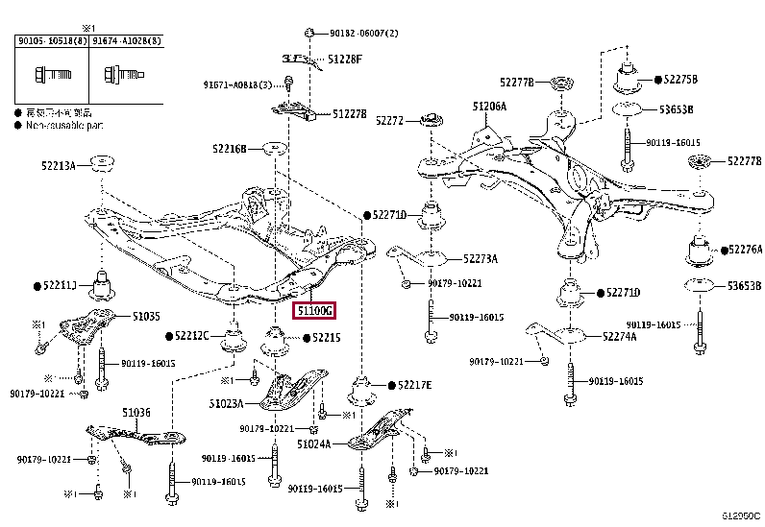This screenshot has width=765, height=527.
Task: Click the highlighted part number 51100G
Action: point(315,311)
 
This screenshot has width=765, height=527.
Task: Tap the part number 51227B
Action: point(350,113)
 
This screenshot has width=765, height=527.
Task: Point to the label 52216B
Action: point(231,149)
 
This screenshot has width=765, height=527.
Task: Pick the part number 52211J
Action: point(60,285)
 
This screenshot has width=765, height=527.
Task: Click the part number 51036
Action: point(136,413)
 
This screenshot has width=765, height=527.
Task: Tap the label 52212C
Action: point(191,335)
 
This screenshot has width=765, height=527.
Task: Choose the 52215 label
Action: point(326,337)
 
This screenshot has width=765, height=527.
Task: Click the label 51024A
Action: point(313,444)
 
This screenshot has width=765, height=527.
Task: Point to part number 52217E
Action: point(414,385)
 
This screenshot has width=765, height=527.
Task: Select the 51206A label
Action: point(488,107)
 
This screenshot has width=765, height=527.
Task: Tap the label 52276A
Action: point(742,250)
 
